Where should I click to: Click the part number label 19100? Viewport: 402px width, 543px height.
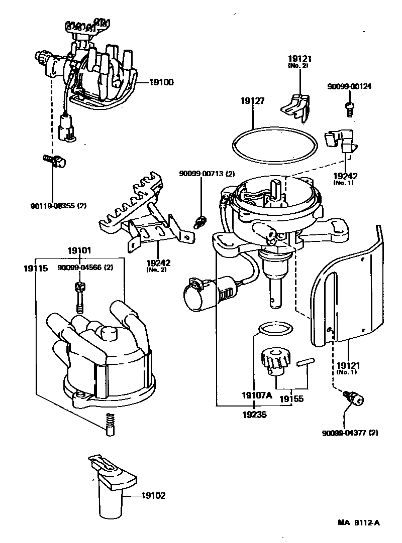tap(161, 81)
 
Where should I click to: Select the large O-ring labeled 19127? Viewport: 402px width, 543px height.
tap(275, 128)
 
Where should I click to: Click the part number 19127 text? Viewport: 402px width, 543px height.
tap(253, 101)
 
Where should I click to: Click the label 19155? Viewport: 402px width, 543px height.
tap(291, 400)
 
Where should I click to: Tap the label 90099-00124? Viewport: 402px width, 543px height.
tap(349, 86)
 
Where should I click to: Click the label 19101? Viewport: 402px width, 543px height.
tap(81, 250)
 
